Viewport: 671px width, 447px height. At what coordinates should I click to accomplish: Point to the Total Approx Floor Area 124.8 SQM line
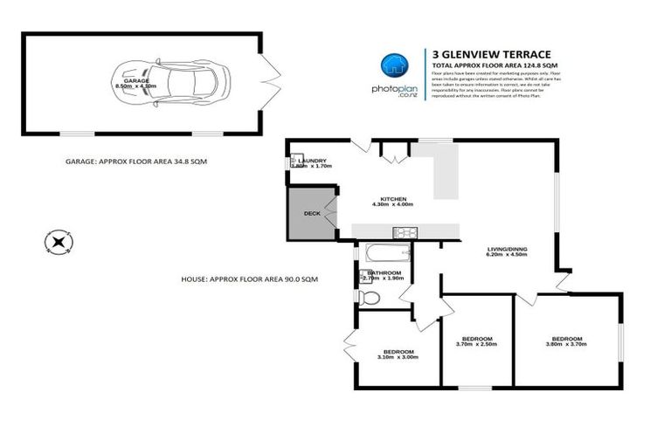click(488, 65)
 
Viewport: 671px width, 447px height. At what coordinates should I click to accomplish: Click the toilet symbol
click(370, 298)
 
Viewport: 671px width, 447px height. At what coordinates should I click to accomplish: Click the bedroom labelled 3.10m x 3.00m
click(396, 354)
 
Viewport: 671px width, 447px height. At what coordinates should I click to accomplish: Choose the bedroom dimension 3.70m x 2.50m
click(477, 344)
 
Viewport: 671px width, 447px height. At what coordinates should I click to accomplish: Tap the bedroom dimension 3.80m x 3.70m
click(566, 344)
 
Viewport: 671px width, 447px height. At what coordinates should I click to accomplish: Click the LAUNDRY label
click(312, 161)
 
